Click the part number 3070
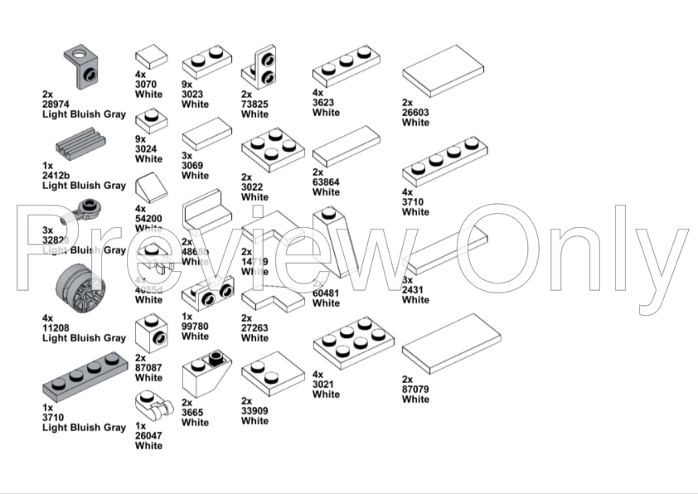coord(147,83)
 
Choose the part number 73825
coord(255,104)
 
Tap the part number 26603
coord(416,113)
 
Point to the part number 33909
coord(255,410)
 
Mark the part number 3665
coord(196,412)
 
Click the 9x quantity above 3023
coord(187,85)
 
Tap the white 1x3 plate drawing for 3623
coord(346,65)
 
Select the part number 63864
coord(327,182)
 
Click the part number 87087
coord(149,368)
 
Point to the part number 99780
coord(196,327)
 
